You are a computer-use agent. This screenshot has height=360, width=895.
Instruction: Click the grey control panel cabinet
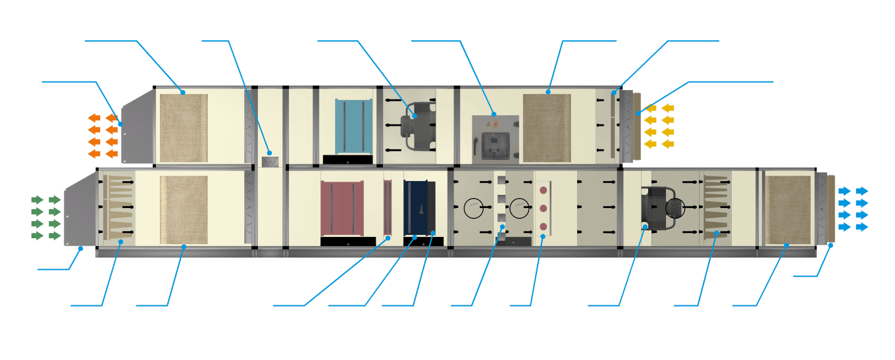click(x=496, y=139)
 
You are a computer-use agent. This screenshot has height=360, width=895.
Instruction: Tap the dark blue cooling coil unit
click(x=416, y=207)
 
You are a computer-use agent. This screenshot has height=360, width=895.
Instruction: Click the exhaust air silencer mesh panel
click(x=184, y=125)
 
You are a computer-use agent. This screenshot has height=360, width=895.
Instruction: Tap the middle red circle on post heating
click(x=543, y=208)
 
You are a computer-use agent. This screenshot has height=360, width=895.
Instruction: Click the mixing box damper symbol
click(x=269, y=161)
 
